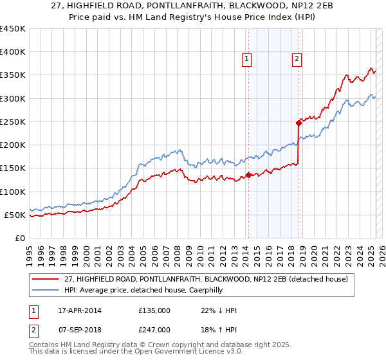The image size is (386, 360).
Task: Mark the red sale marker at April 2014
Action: (x=248, y=175)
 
